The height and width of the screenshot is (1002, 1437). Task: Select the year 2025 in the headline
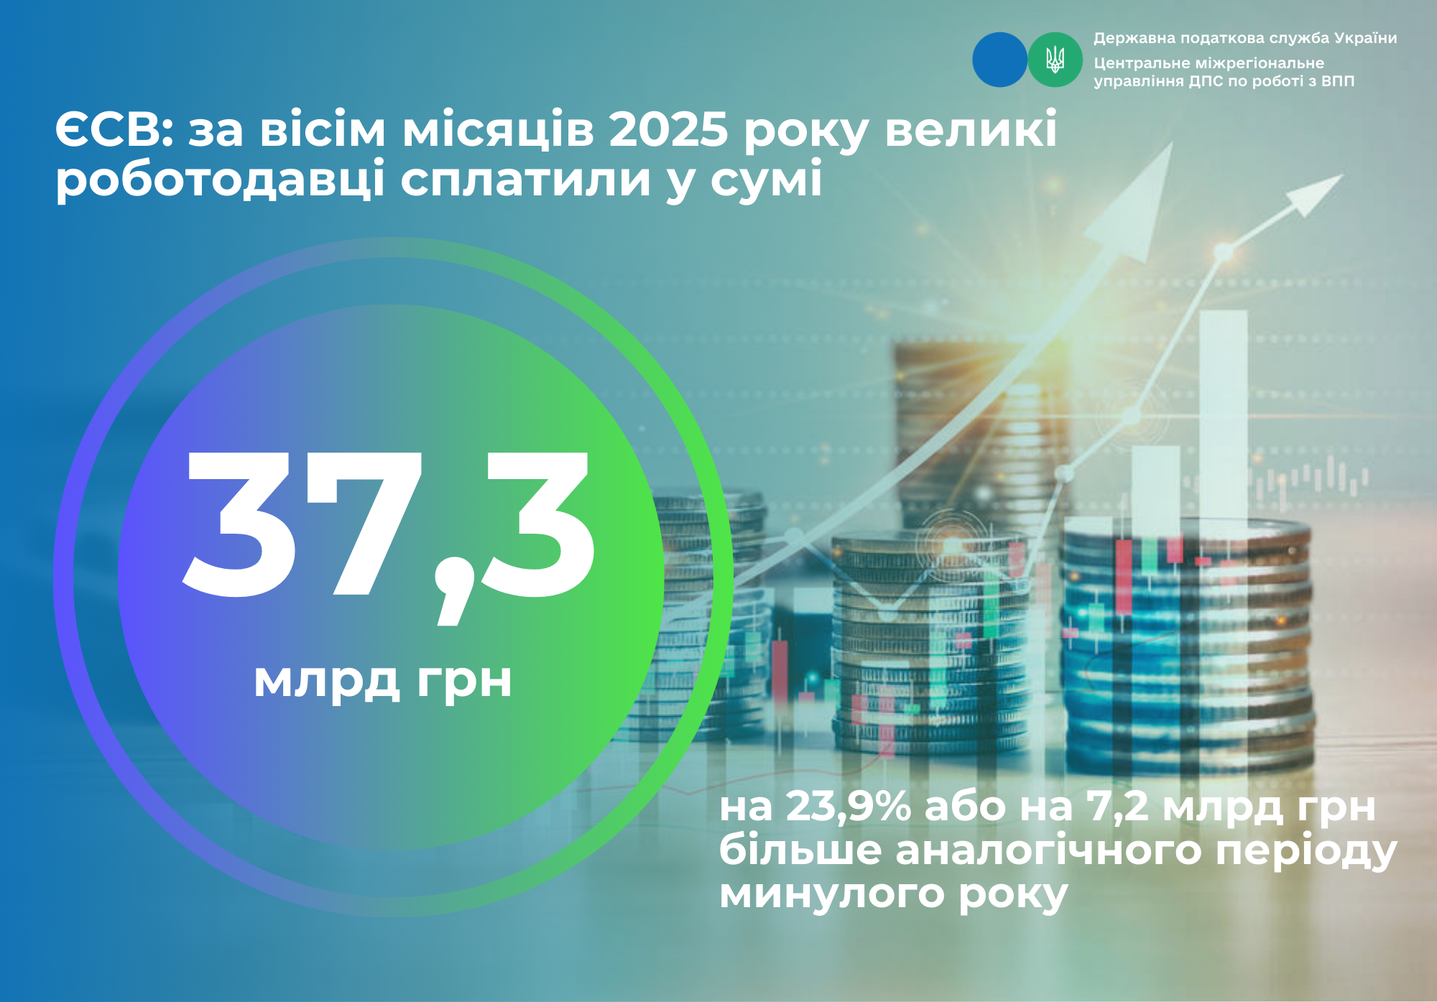pos(669,131)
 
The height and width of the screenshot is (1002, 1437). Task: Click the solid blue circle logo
pos(999,60)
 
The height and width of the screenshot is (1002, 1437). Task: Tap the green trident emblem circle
pos(1055,60)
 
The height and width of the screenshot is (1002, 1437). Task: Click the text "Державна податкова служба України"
pos(1245,38)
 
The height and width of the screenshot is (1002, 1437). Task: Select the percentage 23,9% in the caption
pos(849,807)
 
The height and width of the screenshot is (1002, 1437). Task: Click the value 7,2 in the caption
pos(1118,807)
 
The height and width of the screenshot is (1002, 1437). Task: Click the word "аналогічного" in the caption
pos(1048,851)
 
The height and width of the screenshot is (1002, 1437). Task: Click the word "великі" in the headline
pos(971,130)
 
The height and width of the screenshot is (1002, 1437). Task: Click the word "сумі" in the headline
pos(766,180)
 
